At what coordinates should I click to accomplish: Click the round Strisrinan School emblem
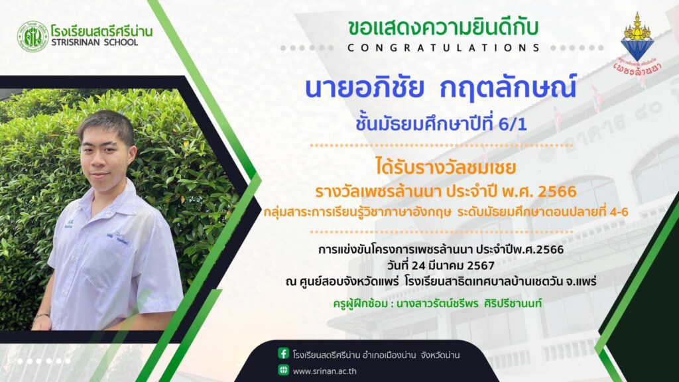click(x=33, y=37)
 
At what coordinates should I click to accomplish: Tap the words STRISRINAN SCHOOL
click(x=94, y=42)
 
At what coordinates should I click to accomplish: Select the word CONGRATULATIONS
click(x=444, y=48)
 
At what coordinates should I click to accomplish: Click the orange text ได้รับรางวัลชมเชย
click(x=446, y=167)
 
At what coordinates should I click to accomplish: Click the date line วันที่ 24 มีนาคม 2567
click(x=441, y=265)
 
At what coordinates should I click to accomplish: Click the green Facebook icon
click(x=284, y=353)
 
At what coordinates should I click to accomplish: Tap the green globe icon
click(x=284, y=370)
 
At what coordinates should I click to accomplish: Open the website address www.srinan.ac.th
click(x=325, y=371)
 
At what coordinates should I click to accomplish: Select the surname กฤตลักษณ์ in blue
click(x=508, y=88)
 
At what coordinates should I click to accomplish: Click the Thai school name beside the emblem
click(x=101, y=31)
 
